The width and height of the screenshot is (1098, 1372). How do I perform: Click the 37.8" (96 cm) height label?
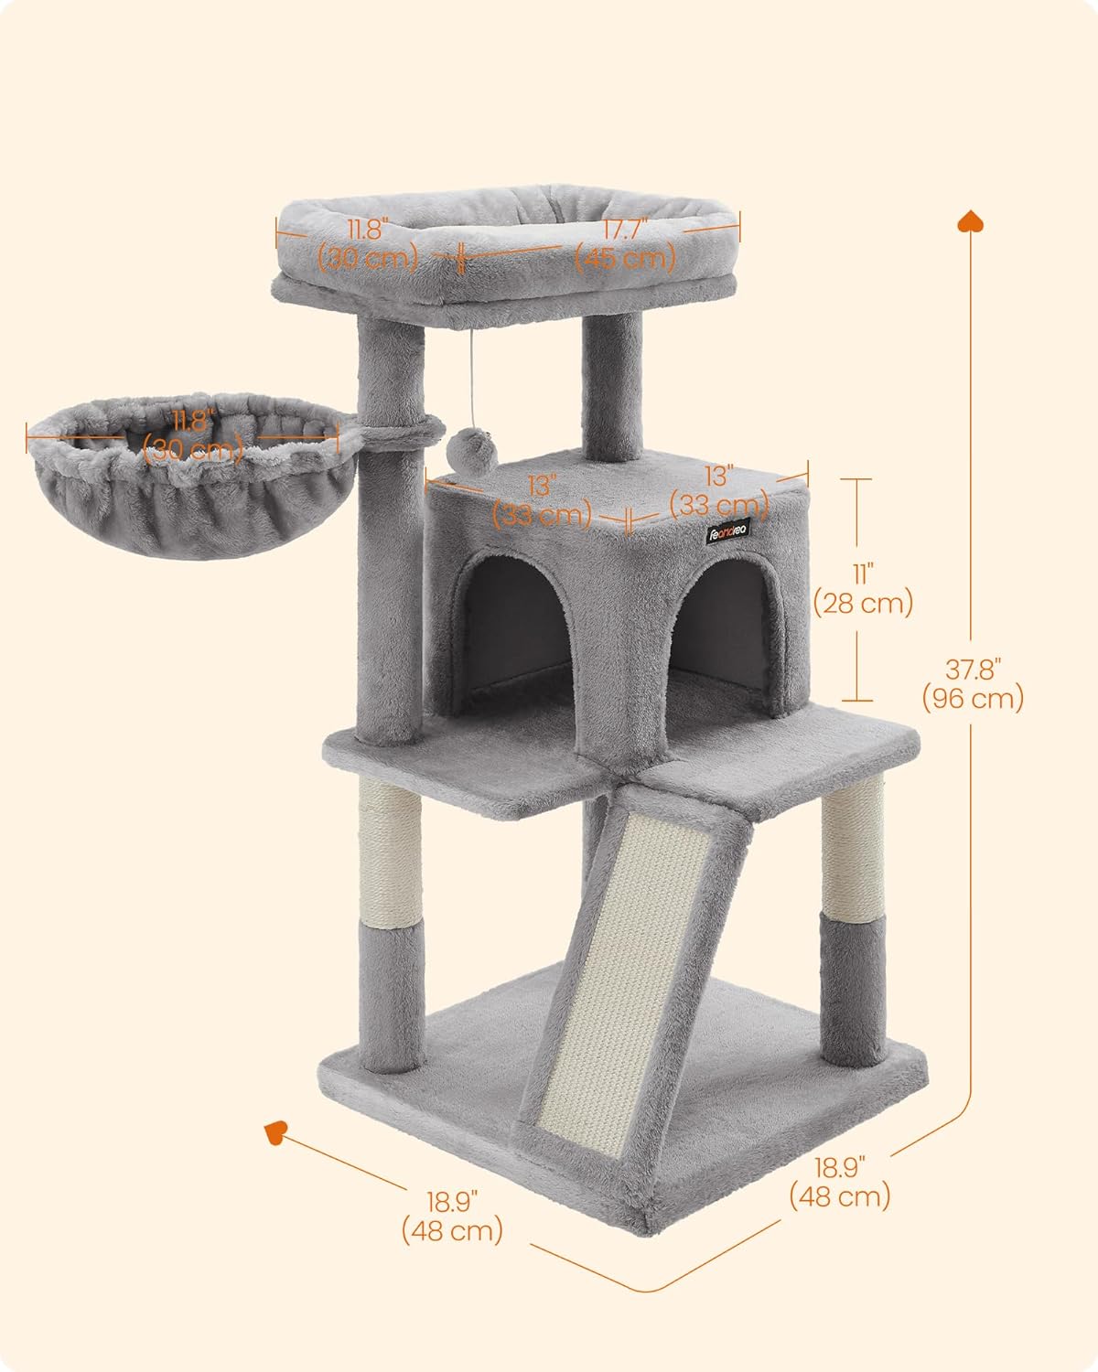971,683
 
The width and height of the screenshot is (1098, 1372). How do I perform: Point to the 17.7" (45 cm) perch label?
625,244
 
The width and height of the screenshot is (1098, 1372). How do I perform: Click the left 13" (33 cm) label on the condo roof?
542,500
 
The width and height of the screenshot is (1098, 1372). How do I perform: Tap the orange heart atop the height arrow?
970,222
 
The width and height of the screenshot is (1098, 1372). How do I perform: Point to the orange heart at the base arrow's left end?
275,1132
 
